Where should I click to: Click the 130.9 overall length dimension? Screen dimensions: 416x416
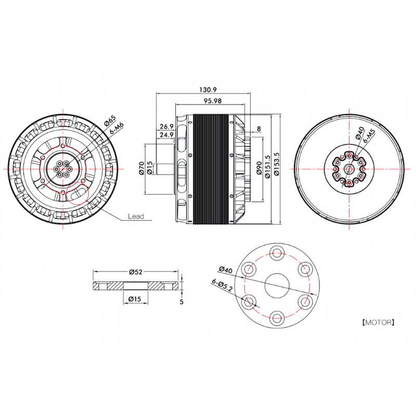[208, 89]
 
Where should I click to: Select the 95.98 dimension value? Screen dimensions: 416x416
[213, 101]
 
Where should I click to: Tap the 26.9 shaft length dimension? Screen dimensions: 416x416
[166, 126]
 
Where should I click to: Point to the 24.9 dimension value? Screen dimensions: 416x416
[166, 135]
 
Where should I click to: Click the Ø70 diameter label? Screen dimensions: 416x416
[141, 168]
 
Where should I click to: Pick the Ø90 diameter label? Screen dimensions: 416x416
[259, 167]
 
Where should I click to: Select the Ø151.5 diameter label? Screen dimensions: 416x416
[267, 167]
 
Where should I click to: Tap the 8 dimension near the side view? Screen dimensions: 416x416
[259, 128]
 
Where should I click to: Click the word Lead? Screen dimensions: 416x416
[136, 216]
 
